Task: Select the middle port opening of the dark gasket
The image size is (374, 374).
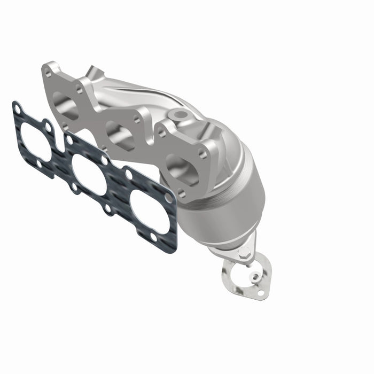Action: tap(89, 174)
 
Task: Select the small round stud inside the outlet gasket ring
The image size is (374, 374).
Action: tap(256, 276)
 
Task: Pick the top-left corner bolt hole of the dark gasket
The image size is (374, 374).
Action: tap(18, 110)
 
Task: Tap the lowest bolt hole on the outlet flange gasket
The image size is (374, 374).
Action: tap(260, 292)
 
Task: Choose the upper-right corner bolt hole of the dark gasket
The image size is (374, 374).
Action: tap(168, 198)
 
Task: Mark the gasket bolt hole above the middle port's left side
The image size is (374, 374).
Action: tap(69, 140)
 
